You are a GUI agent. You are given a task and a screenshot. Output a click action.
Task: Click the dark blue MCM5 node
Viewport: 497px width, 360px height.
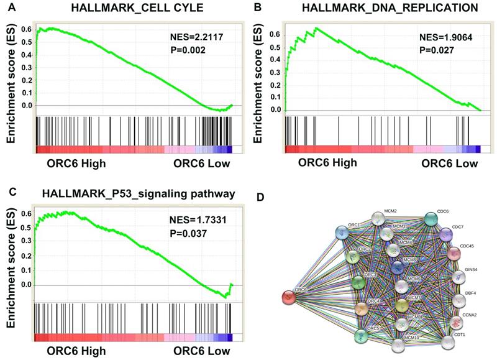[398, 267]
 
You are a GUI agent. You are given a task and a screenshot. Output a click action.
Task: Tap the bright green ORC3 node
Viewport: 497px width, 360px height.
[358, 283]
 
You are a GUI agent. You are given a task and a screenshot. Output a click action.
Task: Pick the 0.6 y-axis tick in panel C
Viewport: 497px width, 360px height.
[25, 213]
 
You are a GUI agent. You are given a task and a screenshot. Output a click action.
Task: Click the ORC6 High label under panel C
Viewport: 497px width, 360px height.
[77, 351]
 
